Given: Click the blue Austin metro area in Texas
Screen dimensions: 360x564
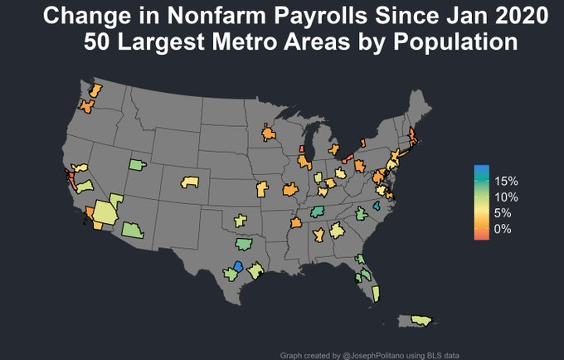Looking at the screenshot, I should (x=239, y=265).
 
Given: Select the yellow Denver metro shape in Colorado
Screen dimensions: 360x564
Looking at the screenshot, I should (x=191, y=181).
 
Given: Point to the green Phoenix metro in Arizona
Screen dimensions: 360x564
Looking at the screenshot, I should (x=131, y=230).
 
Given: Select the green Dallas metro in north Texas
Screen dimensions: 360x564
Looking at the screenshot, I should (x=243, y=244).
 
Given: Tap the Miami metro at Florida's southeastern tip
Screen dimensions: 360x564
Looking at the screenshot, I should (x=376, y=293).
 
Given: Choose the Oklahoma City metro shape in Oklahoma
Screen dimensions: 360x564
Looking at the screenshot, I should (x=241, y=220).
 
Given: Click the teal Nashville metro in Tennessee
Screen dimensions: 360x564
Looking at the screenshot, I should (x=318, y=213).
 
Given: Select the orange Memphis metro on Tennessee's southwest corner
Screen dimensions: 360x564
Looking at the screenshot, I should (x=296, y=223).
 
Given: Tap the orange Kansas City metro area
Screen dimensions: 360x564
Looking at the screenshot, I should (x=264, y=189).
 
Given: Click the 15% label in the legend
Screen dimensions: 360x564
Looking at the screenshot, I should (x=506, y=181).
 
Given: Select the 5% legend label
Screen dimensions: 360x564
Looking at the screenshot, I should (x=503, y=212).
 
